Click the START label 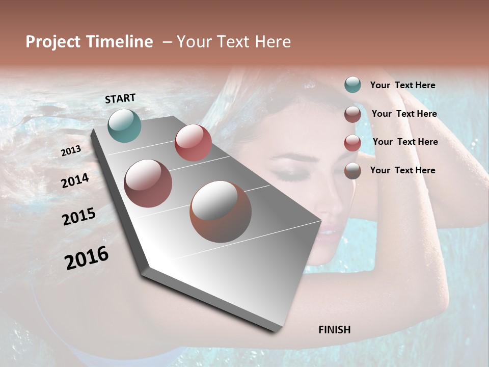120,98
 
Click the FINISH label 334,330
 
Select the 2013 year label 71,151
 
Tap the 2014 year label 75,181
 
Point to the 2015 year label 79,217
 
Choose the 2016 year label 87,258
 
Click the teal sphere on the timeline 124,125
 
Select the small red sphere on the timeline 193,143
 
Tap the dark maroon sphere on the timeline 148,183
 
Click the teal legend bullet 352,85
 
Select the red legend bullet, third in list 352,143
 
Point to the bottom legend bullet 352,171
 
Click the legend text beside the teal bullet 402,85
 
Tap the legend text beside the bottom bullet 402,170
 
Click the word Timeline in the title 120,42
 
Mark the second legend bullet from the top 352,114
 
